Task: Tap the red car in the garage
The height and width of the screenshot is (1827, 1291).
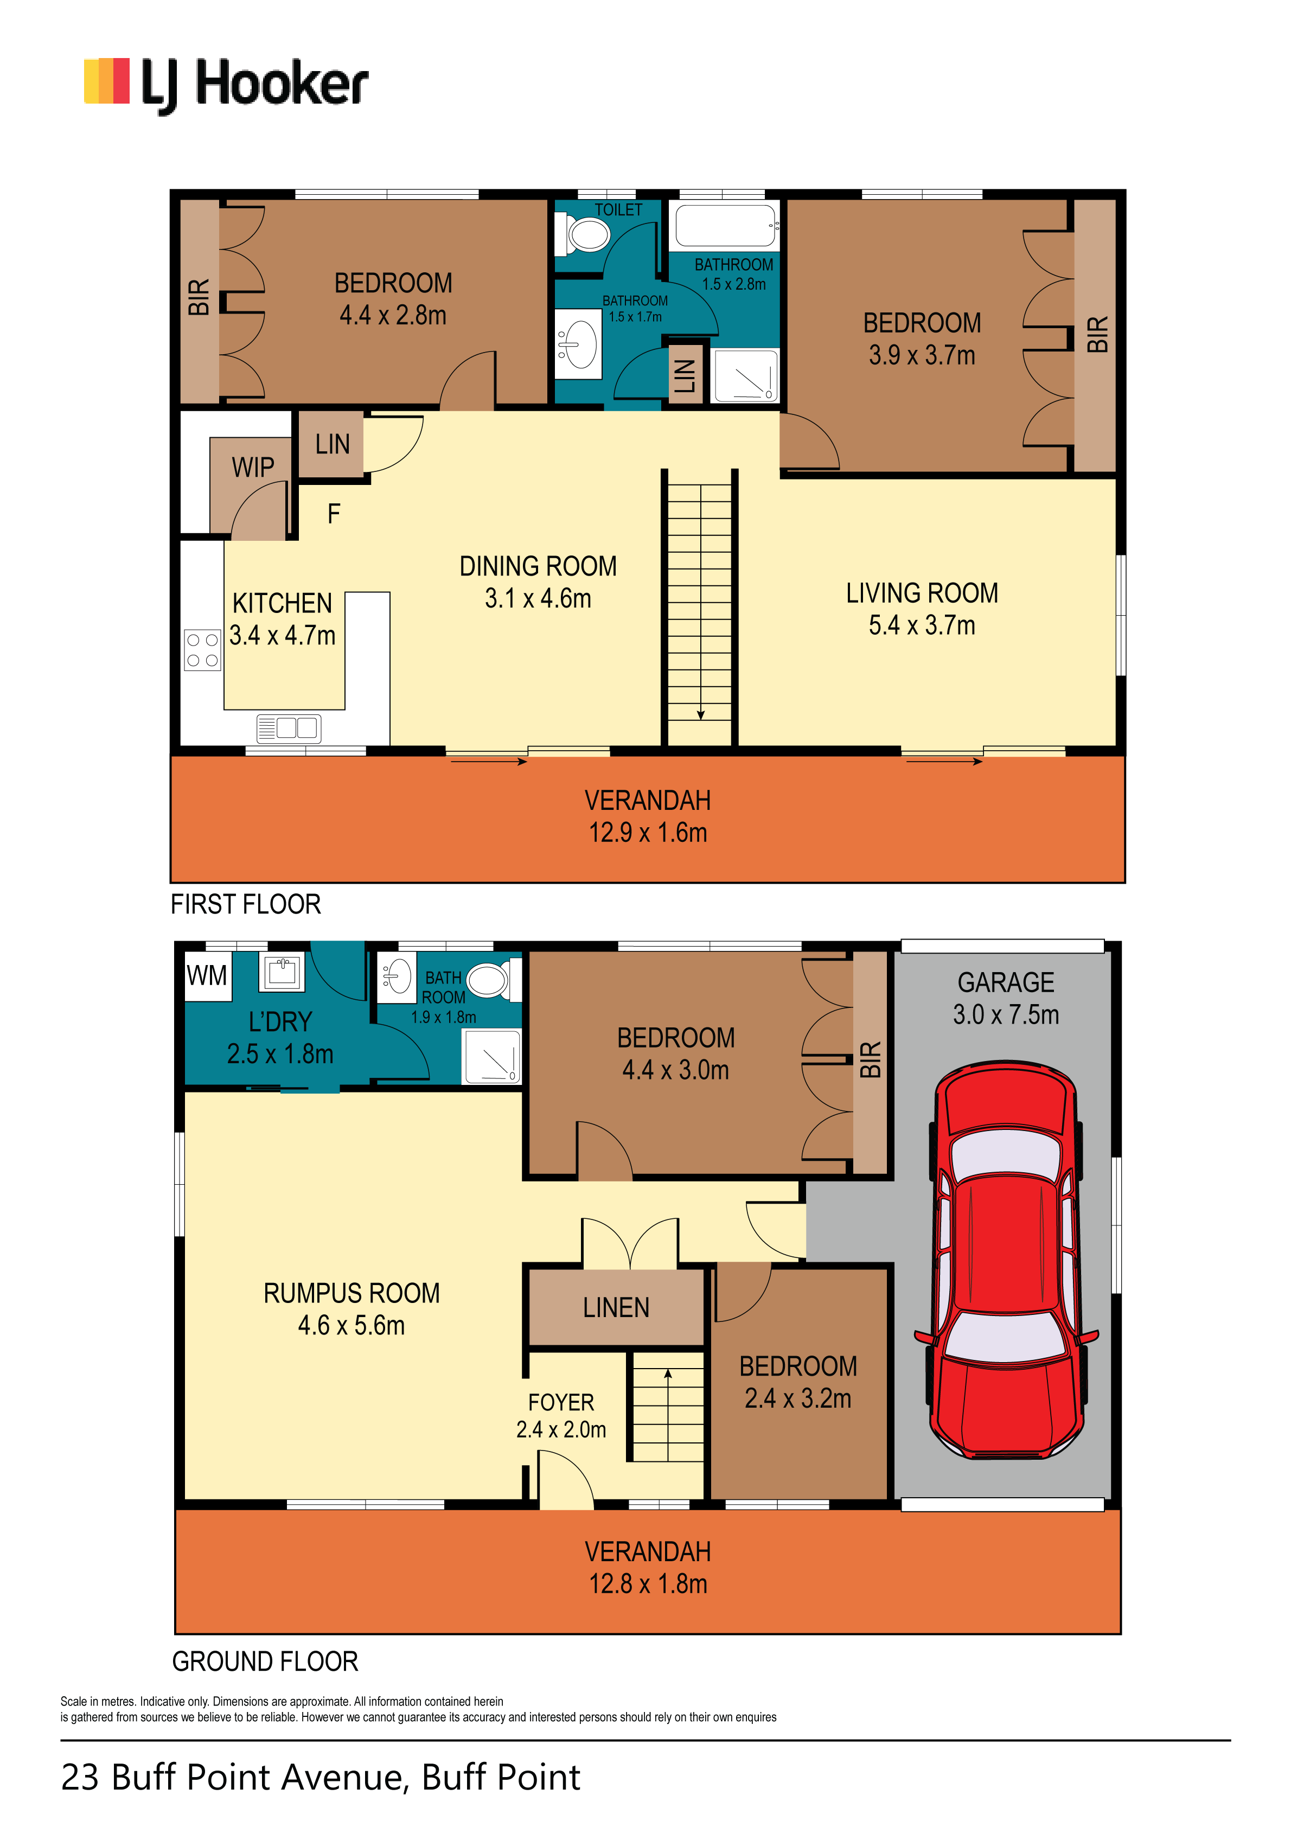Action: point(1006,1259)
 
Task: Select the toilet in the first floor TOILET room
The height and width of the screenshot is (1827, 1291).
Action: point(584,235)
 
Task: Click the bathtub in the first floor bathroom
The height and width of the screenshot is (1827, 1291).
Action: point(726,225)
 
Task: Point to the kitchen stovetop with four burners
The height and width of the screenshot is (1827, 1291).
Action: point(202,650)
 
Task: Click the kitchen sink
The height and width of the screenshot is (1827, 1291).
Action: point(288,728)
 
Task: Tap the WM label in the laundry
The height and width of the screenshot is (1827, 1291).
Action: point(207,975)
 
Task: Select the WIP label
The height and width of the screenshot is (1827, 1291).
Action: point(253,467)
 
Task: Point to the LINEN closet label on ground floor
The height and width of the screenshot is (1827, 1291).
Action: point(616,1307)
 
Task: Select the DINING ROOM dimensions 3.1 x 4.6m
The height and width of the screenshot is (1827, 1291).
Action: point(538,598)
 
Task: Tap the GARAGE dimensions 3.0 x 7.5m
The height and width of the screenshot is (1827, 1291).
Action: point(1006,1014)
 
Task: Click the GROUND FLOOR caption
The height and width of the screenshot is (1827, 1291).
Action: point(265,1662)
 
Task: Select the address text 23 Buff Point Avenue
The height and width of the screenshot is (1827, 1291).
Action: point(235,1777)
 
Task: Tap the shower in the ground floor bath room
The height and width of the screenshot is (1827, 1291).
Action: point(492,1056)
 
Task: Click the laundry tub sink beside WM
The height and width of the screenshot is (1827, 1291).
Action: point(282,971)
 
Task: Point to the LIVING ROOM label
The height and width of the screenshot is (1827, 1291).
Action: point(922,593)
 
